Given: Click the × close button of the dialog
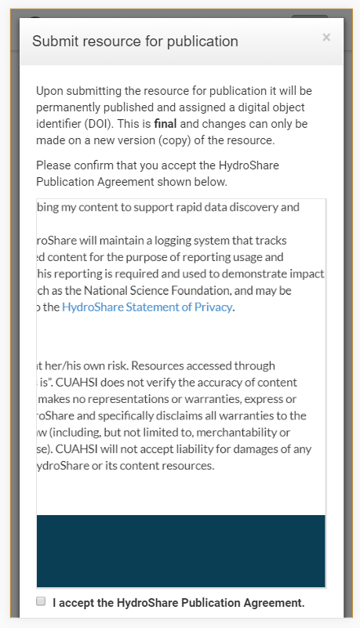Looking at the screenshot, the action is (x=326, y=38).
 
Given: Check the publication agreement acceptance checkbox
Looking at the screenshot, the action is (x=41, y=601).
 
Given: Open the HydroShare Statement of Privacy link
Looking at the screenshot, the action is (x=147, y=307).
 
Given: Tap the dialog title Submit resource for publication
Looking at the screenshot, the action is (x=135, y=41).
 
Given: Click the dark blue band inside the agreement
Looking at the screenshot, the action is (x=180, y=550).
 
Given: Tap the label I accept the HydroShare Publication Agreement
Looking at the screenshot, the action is (x=178, y=603).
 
